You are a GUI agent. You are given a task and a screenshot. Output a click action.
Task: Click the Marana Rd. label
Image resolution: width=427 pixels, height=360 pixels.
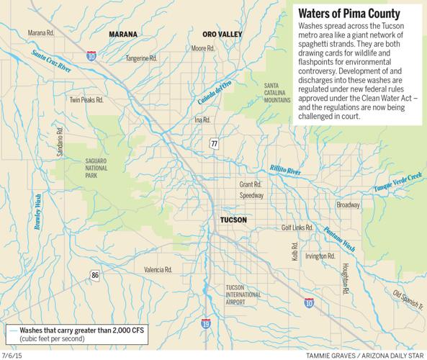[42, 32]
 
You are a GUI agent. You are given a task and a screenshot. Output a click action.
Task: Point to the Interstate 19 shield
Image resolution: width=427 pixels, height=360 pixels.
[206, 325]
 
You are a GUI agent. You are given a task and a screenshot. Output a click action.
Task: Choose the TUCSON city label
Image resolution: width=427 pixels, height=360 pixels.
[233, 220]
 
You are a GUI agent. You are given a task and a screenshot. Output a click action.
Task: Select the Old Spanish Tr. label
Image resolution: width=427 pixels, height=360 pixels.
[406, 299]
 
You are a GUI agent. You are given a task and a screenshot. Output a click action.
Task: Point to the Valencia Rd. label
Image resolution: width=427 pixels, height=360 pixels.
[158, 269]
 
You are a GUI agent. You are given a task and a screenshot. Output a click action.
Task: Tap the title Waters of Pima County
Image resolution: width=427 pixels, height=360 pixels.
[348, 13]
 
